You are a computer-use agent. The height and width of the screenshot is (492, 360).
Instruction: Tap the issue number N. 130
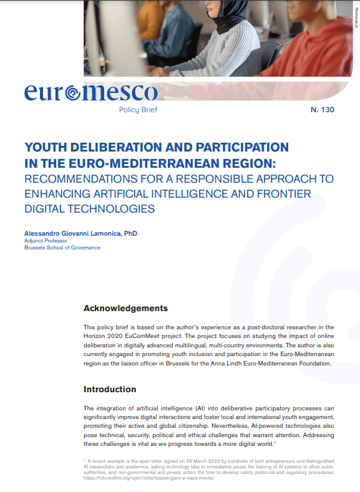coord(323,110)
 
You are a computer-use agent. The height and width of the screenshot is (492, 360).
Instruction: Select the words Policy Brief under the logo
coord(138,110)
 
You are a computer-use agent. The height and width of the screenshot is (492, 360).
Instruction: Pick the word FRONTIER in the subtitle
coord(281,193)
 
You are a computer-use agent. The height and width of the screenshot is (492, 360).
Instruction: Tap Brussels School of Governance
coord(62,248)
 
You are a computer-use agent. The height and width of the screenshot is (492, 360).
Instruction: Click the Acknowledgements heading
coord(125,308)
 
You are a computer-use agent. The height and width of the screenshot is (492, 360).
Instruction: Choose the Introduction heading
coord(110,389)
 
